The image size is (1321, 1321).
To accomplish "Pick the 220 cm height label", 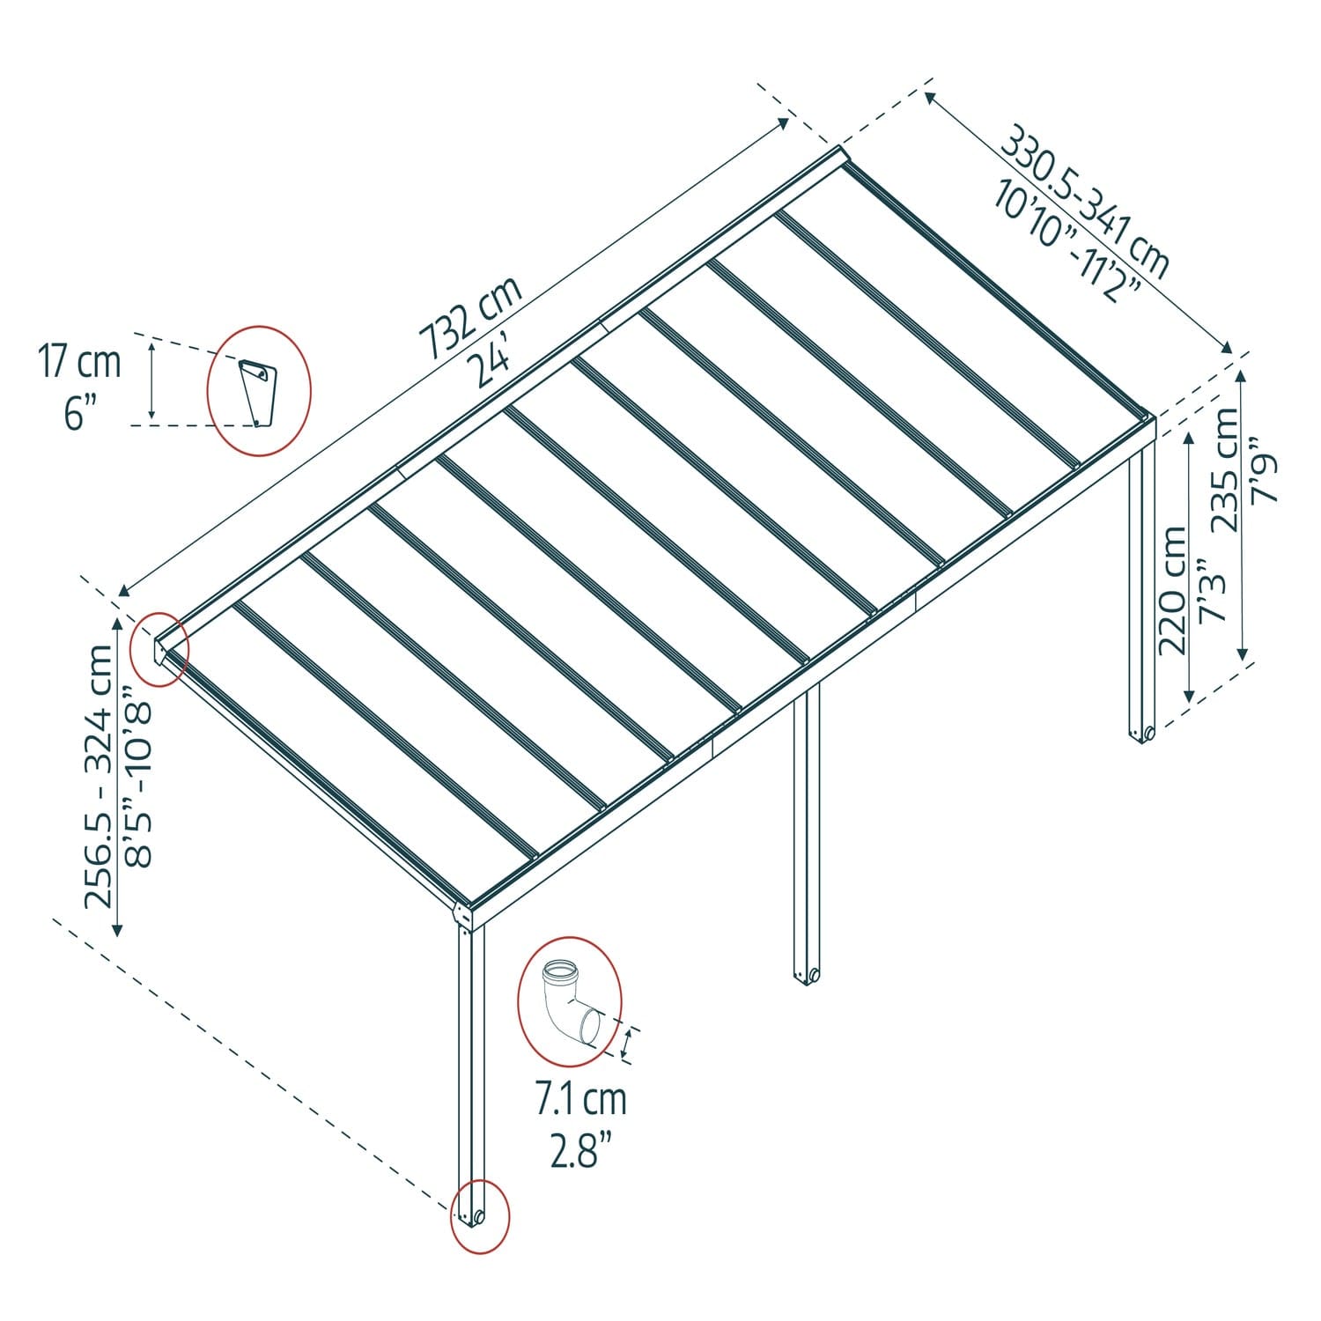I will pyautogui.click(x=1173, y=590).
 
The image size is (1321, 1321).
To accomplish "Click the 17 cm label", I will pyautogui.click(x=79, y=363).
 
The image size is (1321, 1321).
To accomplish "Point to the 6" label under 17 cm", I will pyautogui.click(x=79, y=412).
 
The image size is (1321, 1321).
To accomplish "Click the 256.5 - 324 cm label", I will pyautogui.click(x=99, y=775).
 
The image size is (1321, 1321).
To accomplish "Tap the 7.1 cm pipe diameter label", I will pyautogui.click(x=581, y=1099).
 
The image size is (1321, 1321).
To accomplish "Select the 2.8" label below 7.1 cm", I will pyautogui.click(x=581, y=1150).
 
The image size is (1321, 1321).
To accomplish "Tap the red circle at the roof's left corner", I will pyautogui.click(x=159, y=649).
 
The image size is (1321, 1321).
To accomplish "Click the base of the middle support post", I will pyautogui.click(x=806, y=975).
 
